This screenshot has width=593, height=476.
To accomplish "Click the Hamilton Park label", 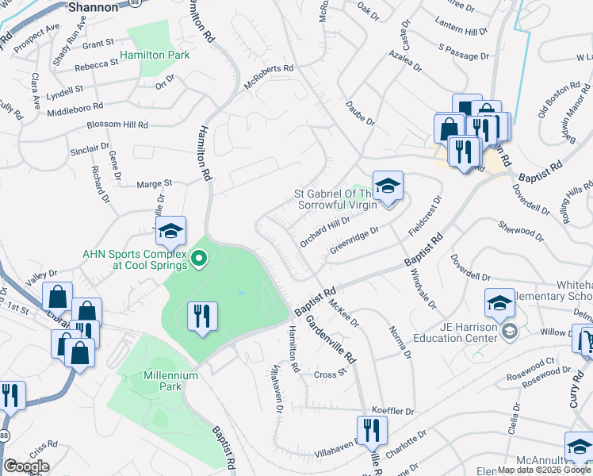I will pos(155,56).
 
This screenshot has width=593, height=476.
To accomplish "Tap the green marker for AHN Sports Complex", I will pos(200,258).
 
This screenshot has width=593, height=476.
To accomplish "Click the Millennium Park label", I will pos(153,381).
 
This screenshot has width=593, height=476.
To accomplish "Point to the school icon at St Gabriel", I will pos(388,186).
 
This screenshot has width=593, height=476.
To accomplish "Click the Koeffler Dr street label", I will pos(393,412).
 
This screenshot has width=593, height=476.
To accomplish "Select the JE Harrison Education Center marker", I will pos(508,331).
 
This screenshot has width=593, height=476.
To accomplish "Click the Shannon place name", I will pos(94,6).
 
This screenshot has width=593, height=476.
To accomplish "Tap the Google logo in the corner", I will pos(26,466).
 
